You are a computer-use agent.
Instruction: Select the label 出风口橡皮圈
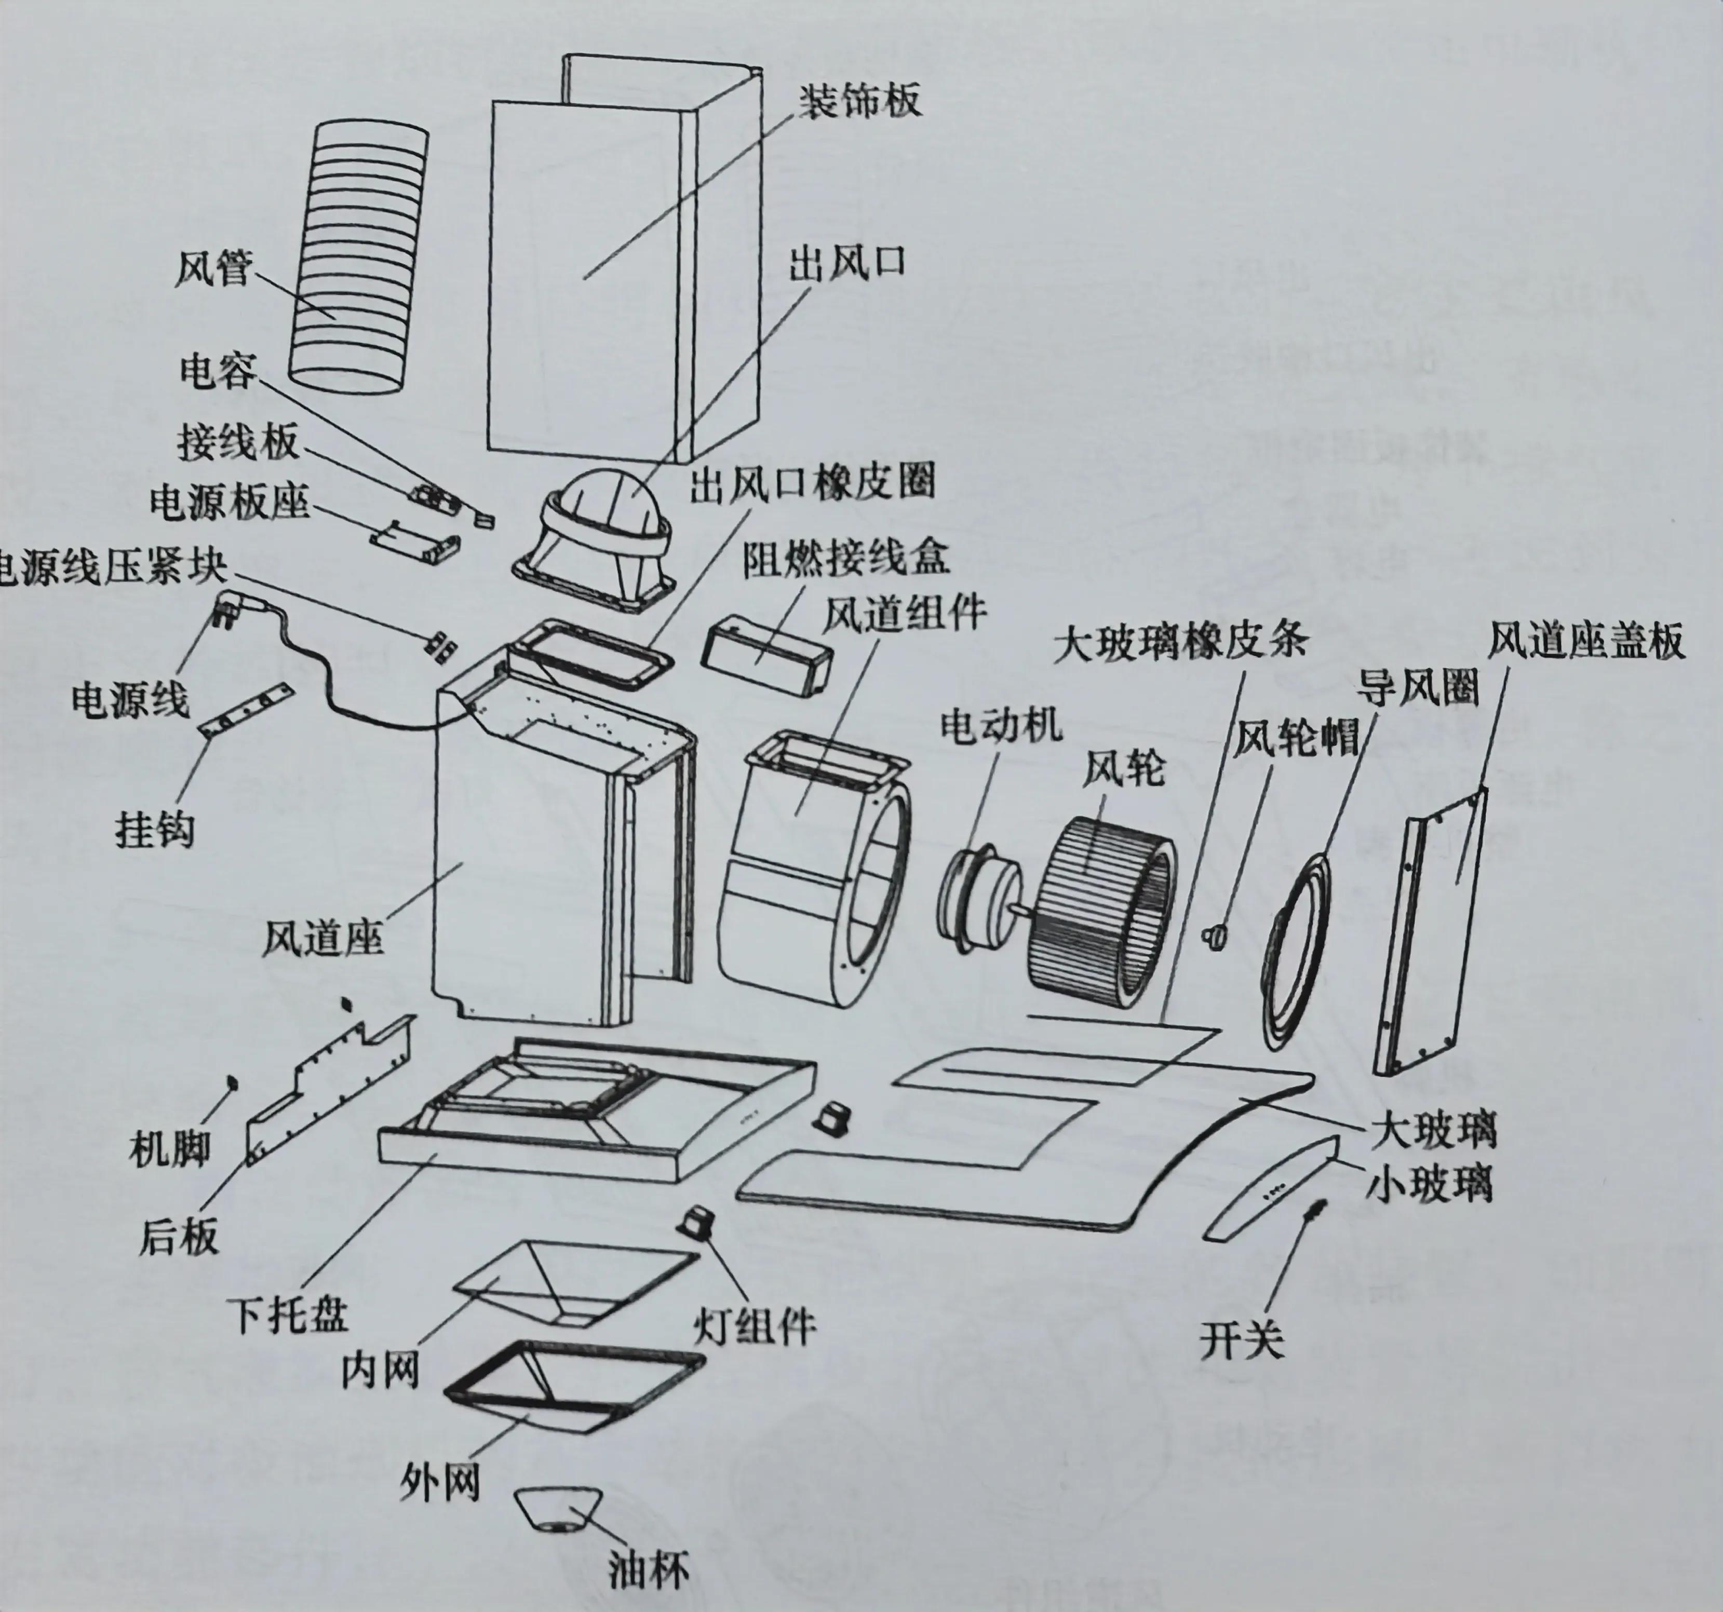point(812,481)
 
